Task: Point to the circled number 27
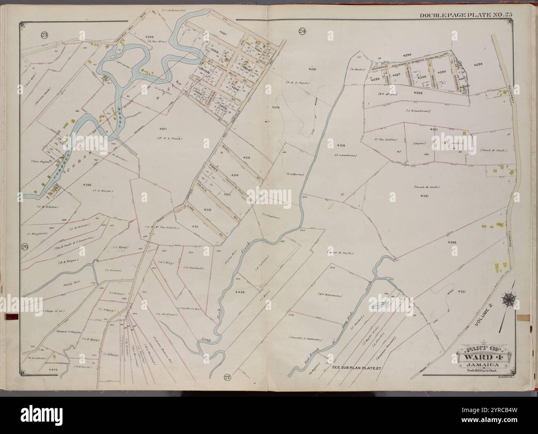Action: coord(227,377)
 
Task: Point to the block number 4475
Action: coord(54,369)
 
